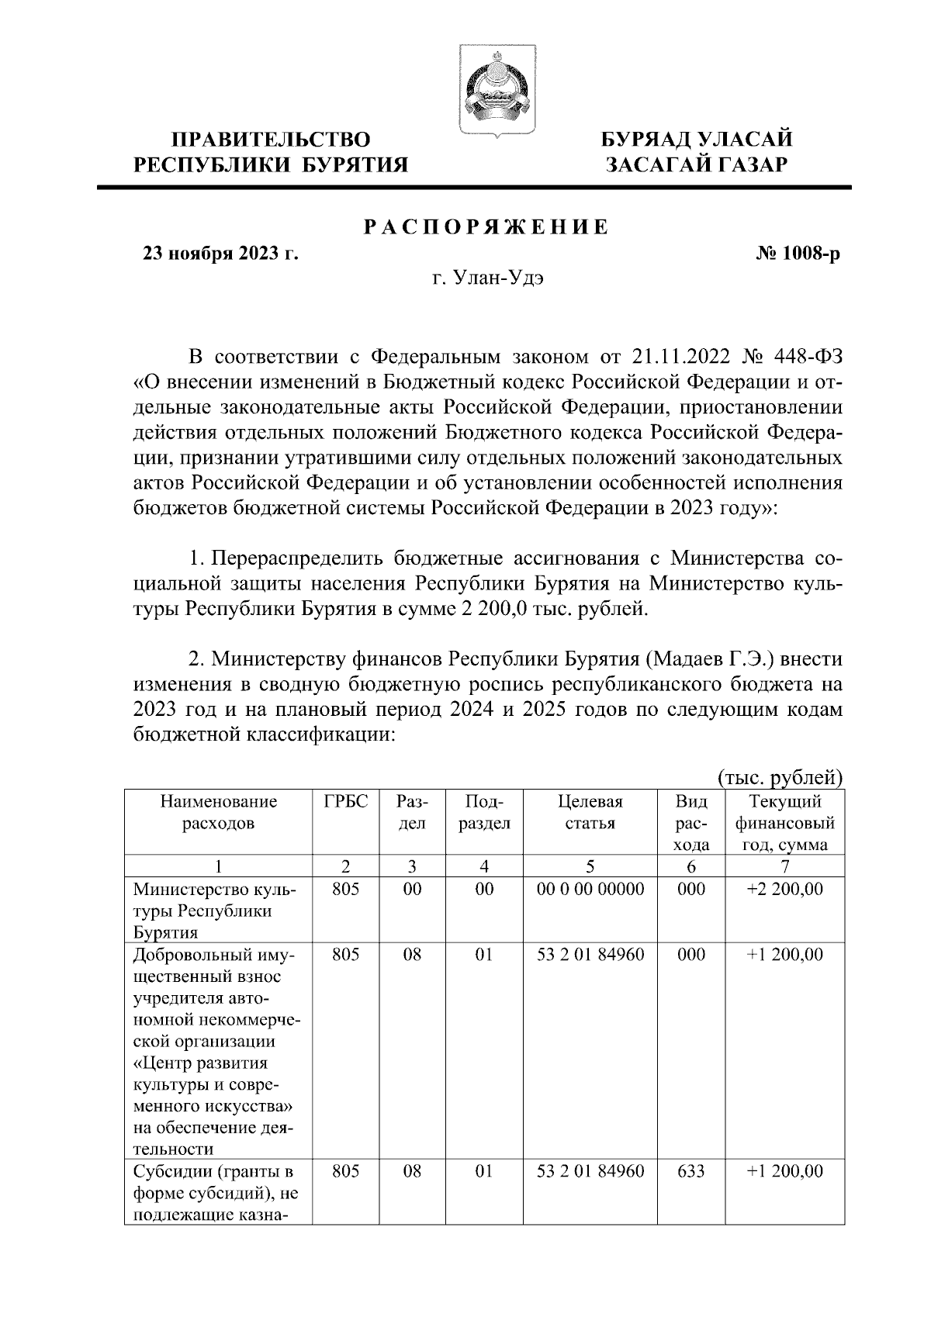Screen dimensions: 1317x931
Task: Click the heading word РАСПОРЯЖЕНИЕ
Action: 486,228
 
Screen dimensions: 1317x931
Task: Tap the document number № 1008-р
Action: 798,254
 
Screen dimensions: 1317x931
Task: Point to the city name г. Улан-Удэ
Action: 487,279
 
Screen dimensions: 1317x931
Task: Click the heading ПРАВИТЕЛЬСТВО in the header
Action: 271,140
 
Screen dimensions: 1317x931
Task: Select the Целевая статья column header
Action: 590,812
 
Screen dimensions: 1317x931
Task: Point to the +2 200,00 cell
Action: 784,889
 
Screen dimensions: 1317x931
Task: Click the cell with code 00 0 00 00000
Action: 590,889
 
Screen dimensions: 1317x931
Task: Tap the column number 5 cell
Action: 590,866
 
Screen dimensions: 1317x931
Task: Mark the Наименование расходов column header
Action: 218,812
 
